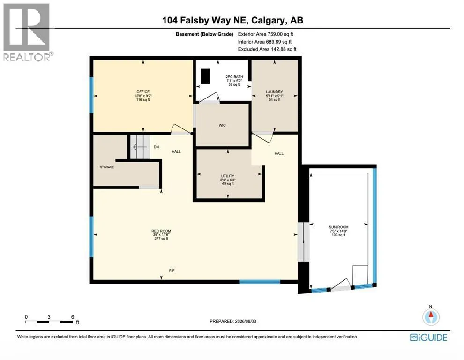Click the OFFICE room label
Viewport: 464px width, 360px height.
[x=143, y=92]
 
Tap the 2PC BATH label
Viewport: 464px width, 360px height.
[x=234, y=77]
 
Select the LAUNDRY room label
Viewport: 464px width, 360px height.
[x=274, y=92]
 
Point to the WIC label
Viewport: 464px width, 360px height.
[x=222, y=125]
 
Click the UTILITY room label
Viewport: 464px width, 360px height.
[x=228, y=176]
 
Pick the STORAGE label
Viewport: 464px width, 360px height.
[x=107, y=167]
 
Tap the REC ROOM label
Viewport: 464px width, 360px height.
[x=161, y=231]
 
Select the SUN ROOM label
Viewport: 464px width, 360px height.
[x=338, y=227]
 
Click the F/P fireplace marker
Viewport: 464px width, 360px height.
[x=172, y=270]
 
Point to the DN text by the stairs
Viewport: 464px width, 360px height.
[x=156, y=147]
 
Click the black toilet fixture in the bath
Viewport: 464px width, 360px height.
[x=205, y=76]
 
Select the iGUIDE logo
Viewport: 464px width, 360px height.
[x=428, y=337]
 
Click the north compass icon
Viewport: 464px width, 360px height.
[x=431, y=316]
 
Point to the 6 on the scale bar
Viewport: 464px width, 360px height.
[x=73, y=317]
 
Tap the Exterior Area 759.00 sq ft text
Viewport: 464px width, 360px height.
[x=265, y=34]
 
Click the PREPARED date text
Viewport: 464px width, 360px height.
[x=233, y=321]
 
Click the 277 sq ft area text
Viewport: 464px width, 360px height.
[x=161, y=239]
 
